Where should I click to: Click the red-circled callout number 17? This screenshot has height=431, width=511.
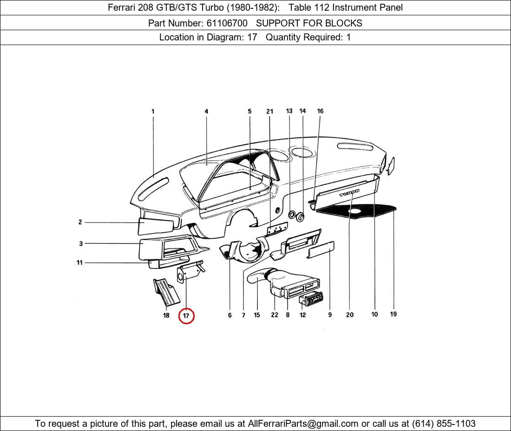[x=186, y=316]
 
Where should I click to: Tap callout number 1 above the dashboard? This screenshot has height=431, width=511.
[x=153, y=111]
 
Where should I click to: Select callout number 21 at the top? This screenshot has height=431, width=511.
[x=269, y=111]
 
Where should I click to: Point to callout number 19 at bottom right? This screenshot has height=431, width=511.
[x=393, y=314]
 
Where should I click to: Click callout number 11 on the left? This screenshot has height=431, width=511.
[x=79, y=262]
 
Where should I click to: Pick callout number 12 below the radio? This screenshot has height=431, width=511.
[x=303, y=315]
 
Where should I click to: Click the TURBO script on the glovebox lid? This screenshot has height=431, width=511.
[x=349, y=193]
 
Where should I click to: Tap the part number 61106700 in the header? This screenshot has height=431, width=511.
[x=227, y=23]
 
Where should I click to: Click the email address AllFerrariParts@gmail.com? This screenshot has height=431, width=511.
[x=303, y=424]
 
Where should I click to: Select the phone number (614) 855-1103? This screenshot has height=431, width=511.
[x=444, y=424]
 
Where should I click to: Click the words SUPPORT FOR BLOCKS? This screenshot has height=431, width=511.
[x=309, y=23]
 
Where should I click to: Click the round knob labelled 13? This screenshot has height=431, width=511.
[x=292, y=215]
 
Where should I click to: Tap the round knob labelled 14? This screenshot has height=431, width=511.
[x=300, y=216]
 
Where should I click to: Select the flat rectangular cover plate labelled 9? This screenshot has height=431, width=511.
[x=321, y=250]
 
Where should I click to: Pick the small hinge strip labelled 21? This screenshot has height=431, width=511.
[x=277, y=229]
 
